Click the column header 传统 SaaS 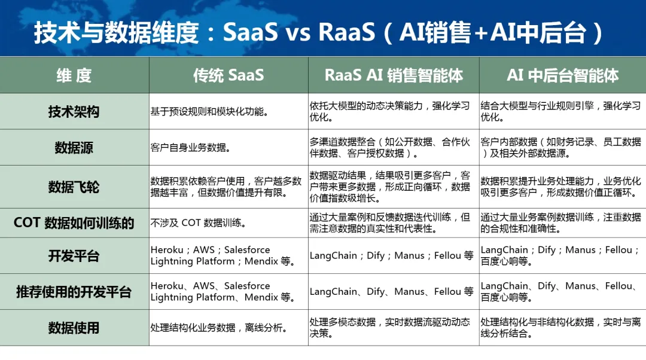tap(228, 75)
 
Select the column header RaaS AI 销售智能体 tap(394, 75)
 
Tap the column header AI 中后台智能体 tap(562, 75)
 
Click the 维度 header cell tap(74, 75)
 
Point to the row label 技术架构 tap(74, 112)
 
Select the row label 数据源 tap(74, 148)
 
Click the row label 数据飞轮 tap(74, 187)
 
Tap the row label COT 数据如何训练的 tap(74, 223)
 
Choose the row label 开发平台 tap(74, 256)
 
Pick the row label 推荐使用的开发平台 tap(74, 292)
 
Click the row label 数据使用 tap(74, 328)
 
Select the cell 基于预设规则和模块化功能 tap(210, 112)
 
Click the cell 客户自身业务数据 tap(190, 148)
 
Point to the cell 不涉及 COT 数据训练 tap(199, 223)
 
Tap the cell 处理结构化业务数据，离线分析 tap(219, 328)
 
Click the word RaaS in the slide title tap(347, 32)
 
